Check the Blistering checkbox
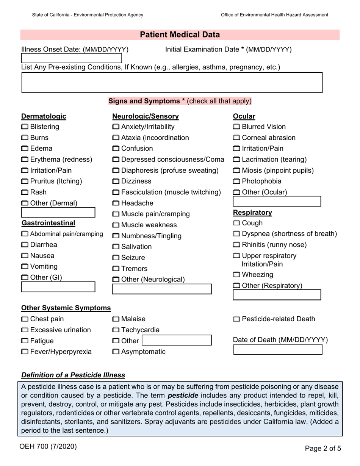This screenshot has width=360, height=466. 25,127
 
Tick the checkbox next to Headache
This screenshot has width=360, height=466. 116,203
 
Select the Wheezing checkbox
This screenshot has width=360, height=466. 236,275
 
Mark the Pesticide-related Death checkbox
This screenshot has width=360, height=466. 236,319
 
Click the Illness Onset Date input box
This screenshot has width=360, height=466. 71,58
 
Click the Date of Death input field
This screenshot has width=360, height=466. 277,350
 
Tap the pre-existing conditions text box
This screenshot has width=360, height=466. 172,82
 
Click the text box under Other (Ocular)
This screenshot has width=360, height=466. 277,201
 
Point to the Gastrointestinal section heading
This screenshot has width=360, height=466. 48,223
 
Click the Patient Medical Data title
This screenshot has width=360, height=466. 180,35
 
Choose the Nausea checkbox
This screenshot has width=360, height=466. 25,256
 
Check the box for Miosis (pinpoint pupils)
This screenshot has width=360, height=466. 236,171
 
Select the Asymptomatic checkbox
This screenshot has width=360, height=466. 116,352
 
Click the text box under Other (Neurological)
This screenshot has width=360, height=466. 162,289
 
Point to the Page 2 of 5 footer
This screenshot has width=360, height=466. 323,449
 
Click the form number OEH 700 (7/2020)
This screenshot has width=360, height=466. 48,447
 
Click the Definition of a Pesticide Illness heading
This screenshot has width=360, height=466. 73,375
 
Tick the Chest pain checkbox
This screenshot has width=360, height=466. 25,319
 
